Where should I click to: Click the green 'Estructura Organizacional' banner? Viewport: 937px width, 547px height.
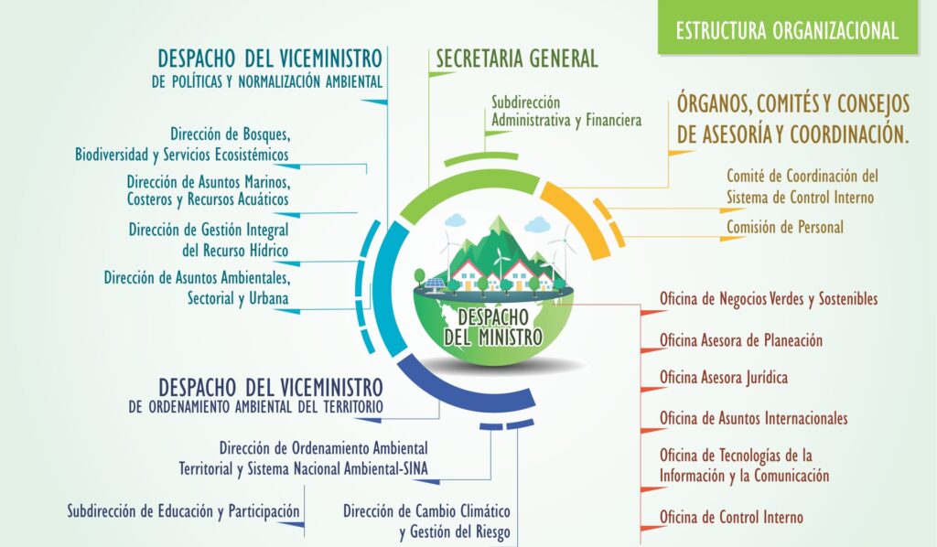[x=786, y=29]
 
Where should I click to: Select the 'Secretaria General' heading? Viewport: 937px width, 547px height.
[x=516, y=59]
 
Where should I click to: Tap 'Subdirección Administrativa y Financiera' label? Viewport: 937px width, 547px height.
[x=565, y=111]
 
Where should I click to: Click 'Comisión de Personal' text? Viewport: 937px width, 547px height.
[x=784, y=227]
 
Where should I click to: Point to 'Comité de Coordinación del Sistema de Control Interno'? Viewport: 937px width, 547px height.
[x=802, y=186]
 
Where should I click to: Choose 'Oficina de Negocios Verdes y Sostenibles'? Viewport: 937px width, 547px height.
[x=769, y=299]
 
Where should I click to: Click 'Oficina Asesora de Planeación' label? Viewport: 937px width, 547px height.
[x=740, y=340]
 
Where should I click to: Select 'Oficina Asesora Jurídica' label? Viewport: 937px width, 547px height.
[x=723, y=377]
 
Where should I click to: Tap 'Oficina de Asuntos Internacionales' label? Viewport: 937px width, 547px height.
[x=753, y=418]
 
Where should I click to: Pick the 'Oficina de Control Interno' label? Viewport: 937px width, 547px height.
[x=731, y=517]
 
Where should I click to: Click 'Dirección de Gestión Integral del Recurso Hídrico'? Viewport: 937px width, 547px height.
[x=210, y=239]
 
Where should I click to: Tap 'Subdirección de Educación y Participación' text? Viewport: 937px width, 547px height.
[x=183, y=510]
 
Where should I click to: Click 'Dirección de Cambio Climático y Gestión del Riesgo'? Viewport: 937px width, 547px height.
[x=426, y=520]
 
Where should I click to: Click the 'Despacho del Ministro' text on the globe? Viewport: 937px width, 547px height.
[x=492, y=326]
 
